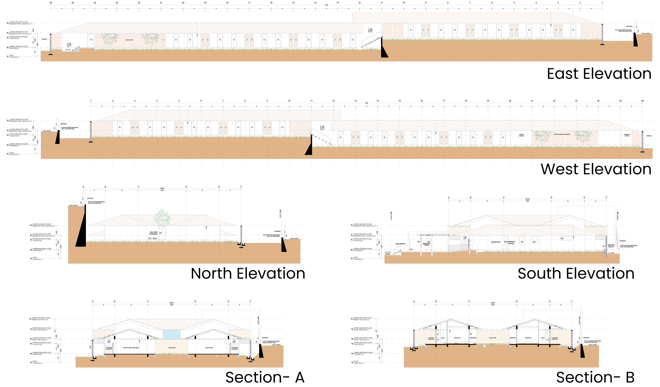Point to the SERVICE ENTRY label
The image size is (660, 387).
click(611, 246)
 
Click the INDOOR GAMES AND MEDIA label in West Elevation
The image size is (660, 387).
click(562, 134)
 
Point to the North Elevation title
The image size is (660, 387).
click(248, 274)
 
